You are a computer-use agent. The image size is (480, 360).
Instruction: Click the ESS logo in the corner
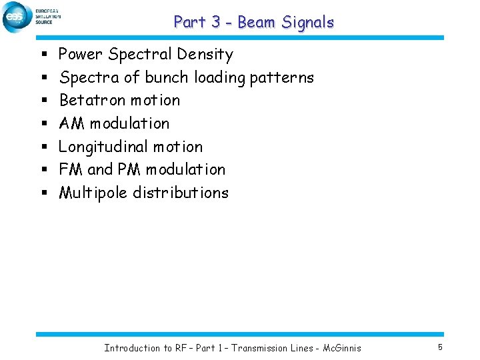pyautogui.click(x=17, y=17)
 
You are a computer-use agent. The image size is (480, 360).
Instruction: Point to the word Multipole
pyautogui.click(x=94, y=193)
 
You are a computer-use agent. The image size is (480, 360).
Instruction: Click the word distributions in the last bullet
pyautogui.click(x=181, y=193)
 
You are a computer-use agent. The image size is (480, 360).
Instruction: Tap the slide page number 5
pyautogui.click(x=440, y=347)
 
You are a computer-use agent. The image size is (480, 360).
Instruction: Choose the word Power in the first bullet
pyautogui.click(x=81, y=55)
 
